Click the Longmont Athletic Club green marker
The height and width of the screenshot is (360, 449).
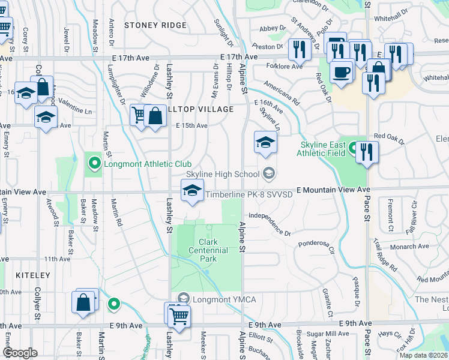point(94,163)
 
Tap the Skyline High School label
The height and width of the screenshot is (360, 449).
point(223,174)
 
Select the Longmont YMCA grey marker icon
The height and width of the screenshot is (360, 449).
point(184,298)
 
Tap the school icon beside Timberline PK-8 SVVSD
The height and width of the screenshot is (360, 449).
point(192,191)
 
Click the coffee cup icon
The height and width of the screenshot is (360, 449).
point(342,72)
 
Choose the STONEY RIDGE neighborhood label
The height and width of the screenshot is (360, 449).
point(155,25)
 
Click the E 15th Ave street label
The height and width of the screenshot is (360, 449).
point(191,125)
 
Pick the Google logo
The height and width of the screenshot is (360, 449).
point(20,352)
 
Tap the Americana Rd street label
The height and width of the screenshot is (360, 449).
point(281,94)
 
